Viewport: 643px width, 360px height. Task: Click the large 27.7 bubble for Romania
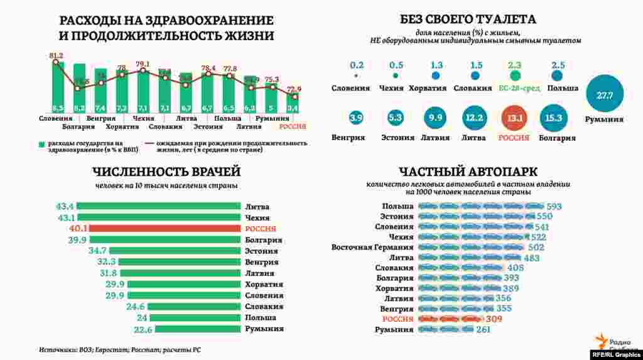(x=604, y=94)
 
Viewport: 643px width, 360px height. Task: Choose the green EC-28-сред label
(x=515, y=88)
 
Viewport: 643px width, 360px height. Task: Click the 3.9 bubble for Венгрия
(x=357, y=117)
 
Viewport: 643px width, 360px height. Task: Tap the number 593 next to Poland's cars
(x=554, y=206)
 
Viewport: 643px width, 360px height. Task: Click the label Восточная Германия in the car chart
(x=372, y=248)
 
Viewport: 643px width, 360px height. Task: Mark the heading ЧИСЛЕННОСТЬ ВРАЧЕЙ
(x=166, y=172)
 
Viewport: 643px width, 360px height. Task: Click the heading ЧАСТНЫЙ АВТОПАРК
(x=468, y=171)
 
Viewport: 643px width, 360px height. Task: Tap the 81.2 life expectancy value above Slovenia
(x=56, y=56)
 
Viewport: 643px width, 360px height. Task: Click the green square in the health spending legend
(x=41, y=144)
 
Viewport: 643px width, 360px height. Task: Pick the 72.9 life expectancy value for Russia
(x=294, y=89)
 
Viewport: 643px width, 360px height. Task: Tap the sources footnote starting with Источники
(x=119, y=349)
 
